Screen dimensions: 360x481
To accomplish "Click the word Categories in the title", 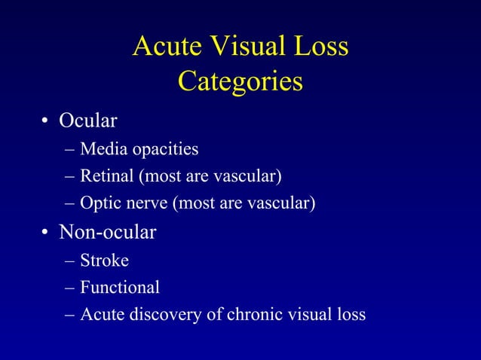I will [x=240, y=81].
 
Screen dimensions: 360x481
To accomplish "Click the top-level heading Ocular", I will [x=88, y=121].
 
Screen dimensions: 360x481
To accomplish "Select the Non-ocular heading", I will [x=108, y=233].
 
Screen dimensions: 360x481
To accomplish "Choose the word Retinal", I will [x=106, y=176].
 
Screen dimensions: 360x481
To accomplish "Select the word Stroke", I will [x=104, y=261].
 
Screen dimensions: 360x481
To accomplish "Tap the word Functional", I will [x=120, y=287].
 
